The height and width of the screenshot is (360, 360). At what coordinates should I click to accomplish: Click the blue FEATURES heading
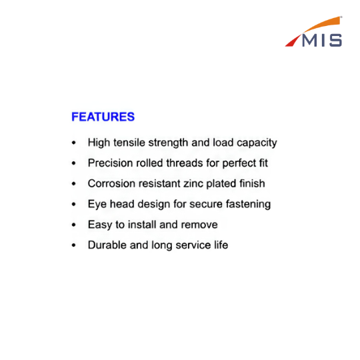coord(103,117)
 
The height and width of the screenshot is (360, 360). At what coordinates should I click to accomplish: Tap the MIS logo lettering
coord(322,41)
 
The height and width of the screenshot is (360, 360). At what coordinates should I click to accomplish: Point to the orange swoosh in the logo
coord(323,25)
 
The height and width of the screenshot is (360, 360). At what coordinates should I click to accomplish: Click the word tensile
coord(129,143)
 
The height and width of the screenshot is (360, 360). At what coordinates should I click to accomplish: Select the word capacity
coord(257,143)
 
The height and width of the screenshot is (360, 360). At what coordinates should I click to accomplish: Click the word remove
coord(199,225)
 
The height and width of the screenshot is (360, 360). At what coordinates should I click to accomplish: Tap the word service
coord(193,245)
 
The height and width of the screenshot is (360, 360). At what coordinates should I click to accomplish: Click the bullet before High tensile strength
coord(73,143)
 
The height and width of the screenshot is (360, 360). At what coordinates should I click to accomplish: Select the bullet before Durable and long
coord(73,245)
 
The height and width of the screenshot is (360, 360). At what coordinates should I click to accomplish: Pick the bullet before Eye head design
coord(73,205)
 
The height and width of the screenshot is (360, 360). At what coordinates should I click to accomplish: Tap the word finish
coord(252,183)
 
